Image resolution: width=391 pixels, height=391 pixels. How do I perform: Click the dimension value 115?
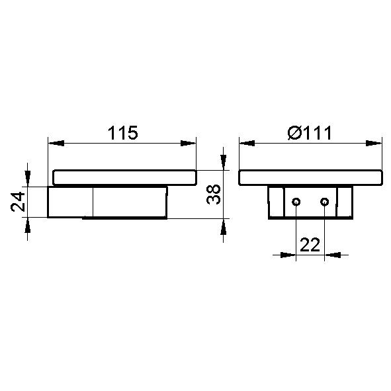(122, 133)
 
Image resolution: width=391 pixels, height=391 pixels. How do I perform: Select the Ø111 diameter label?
(310, 133)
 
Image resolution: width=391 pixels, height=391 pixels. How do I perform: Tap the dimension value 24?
(18, 202)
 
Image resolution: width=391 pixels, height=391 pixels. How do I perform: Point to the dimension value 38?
(214, 195)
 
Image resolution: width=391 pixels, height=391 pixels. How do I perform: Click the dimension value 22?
(310, 245)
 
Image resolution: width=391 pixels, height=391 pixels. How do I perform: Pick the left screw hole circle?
(296, 202)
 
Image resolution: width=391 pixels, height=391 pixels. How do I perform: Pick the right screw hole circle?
(324, 202)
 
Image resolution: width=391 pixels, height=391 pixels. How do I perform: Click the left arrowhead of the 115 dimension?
(56, 143)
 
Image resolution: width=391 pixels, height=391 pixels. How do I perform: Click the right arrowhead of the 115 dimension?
(189, 143)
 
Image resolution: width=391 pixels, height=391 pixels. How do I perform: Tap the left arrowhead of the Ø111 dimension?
(247, 143)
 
